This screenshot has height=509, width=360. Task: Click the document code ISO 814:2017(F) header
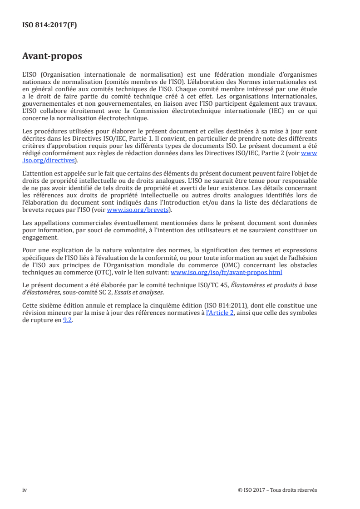49,25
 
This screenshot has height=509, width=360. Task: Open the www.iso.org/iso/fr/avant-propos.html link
226,272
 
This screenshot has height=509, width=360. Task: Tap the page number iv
25,490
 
